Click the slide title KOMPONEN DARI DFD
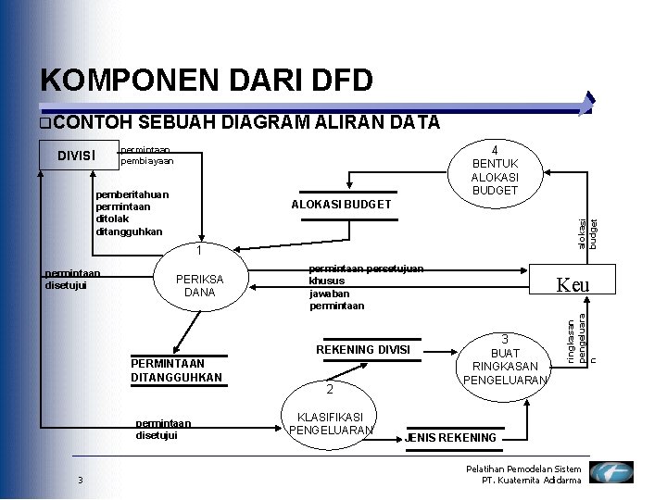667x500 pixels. tap(207, 81)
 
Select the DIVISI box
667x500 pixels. tap(77, 155)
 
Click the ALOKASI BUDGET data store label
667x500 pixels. tap(341, 204)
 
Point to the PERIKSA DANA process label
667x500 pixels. tap(199, 285)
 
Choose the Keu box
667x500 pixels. tap(571, 285)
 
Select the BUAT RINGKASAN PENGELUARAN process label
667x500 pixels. tap(505, 359)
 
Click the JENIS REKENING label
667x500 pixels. tap(452, 437)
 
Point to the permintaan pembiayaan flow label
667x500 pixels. tap(146, 155)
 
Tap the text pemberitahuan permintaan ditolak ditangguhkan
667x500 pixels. tap(132, 213)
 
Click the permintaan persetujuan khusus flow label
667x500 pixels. tap(365, 274)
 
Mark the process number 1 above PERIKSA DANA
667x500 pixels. tap(199, 250)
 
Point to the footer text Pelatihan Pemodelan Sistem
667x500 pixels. tap(523, 469)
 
